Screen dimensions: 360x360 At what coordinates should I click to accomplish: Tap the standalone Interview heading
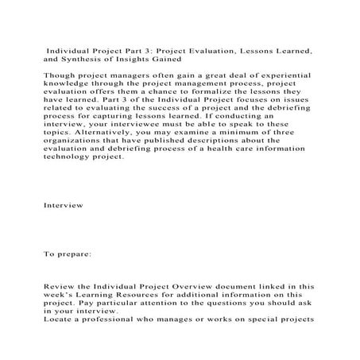tap(63, 205)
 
